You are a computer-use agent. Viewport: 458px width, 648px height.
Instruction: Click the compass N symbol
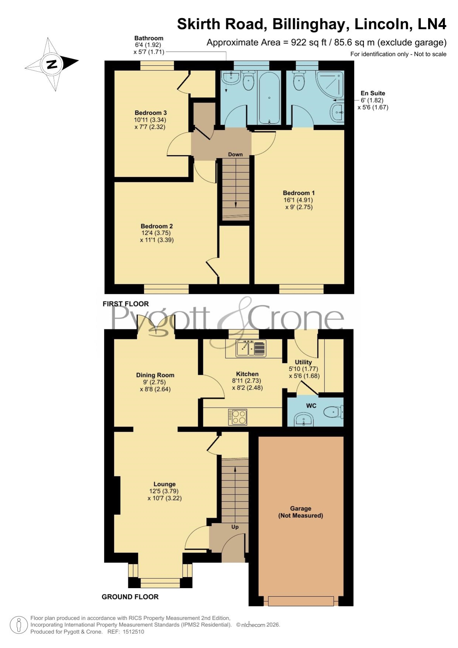click(52, 64)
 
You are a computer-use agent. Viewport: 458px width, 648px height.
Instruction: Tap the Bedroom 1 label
click(299, 193)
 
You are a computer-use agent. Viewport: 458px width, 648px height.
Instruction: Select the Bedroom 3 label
click(151, 113)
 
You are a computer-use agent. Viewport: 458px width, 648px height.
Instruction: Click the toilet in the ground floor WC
click(333, 411)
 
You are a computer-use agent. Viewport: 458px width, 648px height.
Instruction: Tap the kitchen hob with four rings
click(237, 417)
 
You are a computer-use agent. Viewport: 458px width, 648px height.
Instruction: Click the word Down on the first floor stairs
click(235, 154)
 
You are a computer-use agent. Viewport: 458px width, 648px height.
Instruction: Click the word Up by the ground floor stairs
click(235, 527)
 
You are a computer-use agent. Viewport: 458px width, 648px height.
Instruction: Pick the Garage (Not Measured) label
click(300, 512)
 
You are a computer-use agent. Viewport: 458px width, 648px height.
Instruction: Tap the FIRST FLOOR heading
click(125, 304)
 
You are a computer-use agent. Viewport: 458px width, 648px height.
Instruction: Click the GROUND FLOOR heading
click(130, 597)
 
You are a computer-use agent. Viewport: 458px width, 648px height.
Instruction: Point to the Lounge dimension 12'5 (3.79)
click(164, 491)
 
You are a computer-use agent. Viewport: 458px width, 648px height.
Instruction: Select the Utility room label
click(303, 362)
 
